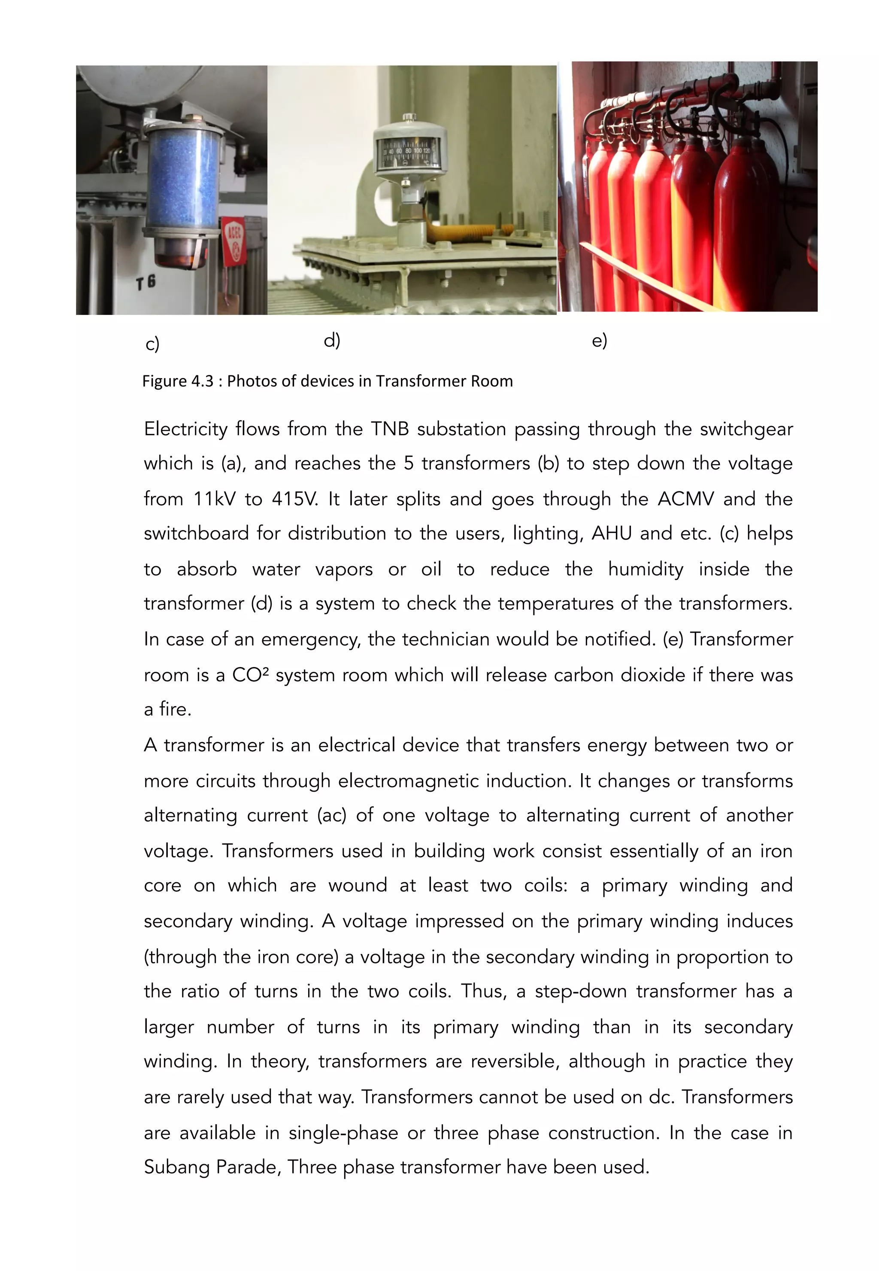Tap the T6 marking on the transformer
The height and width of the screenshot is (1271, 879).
(146, 283)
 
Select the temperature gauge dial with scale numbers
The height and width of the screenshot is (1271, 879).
(408, 152)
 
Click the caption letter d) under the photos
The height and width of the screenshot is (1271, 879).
(332, 341)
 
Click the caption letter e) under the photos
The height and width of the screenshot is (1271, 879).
(599, 341)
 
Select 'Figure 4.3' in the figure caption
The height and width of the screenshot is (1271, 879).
(177, 381)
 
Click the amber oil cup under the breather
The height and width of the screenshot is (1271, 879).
(175, 253)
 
